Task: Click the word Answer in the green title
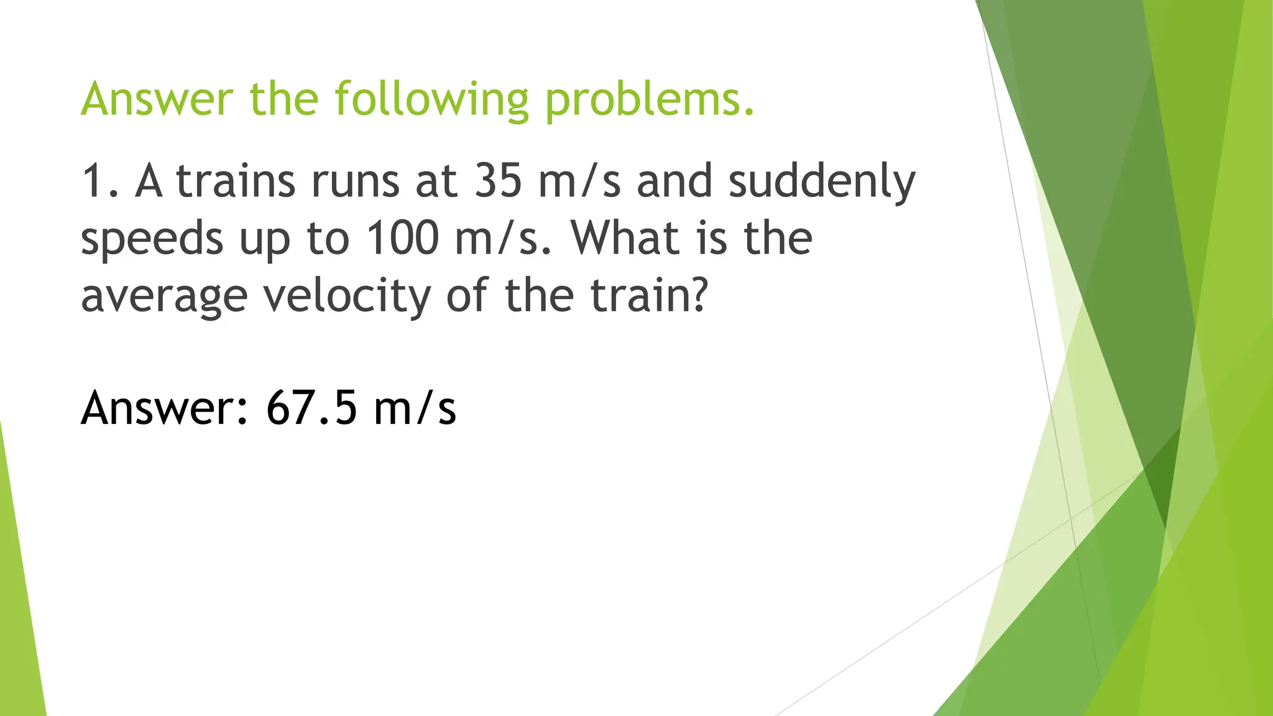tap(157, 99)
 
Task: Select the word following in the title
tap(431, 99)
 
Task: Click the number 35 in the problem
tap(498, 181)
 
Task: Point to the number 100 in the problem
tap(402, 239)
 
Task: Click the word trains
tap(236, 181)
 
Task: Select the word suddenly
tap(822, 181)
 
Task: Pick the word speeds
tap(152, 239)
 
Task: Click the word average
tap(164, 296)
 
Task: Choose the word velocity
tap(346, 296)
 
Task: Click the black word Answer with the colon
tap(165, 408)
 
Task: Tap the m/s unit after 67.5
tap(415, 408)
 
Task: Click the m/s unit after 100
tap(502, 239)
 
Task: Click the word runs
tap(355, 181)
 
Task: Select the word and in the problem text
tap(674, 181)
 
